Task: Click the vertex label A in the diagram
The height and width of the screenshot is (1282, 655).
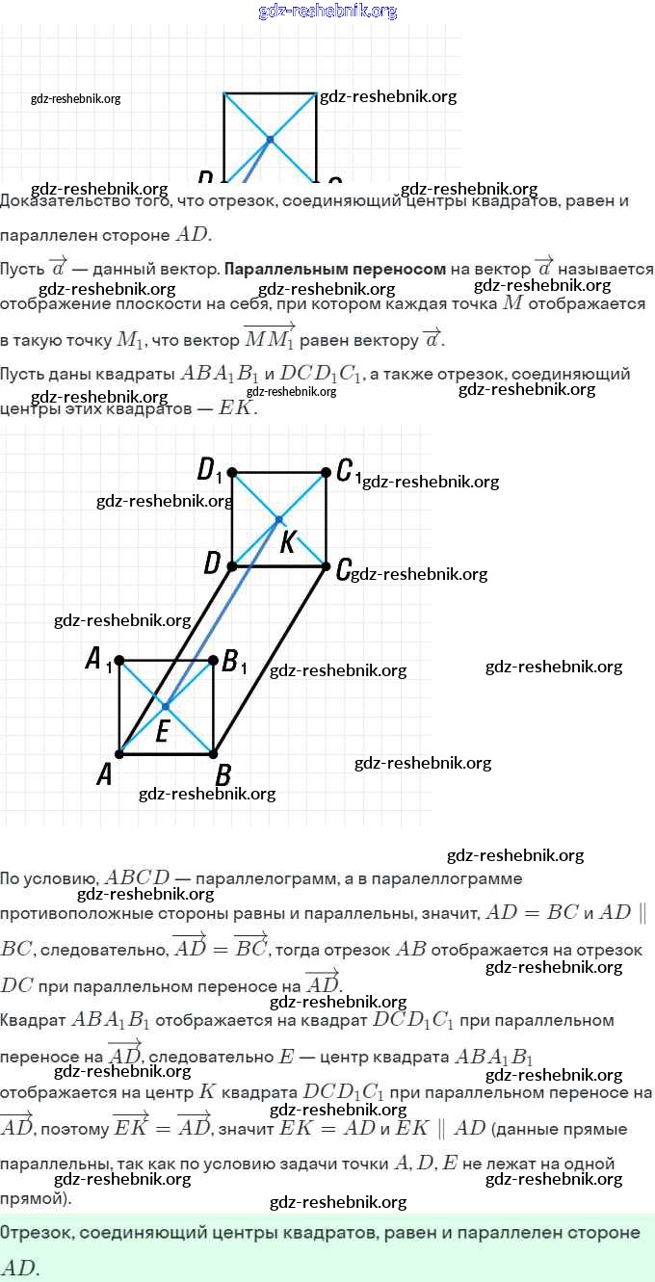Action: (x=105, y=774)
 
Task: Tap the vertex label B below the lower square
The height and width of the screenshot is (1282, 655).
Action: (x=223, y=774)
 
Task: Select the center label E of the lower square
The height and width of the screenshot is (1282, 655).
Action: (x=162, y=733)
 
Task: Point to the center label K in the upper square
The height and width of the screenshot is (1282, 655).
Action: (x=287, y=543)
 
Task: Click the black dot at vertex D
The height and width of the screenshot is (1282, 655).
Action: (x=232, y=566)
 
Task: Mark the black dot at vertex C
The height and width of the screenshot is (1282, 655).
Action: (x=326, y=566)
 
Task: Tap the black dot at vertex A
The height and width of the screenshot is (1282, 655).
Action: (x=119, y=754)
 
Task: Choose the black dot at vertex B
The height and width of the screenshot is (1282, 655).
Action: (x=213, y=754)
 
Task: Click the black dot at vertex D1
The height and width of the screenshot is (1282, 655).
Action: (x=232, y=472)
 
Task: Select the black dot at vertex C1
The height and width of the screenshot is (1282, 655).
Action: (x=326, y=472)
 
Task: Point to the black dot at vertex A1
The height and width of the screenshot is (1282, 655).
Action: (x=119, y=661)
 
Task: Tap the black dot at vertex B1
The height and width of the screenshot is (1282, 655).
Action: (x=213, y=661)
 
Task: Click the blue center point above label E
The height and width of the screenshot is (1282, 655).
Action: (x=166, y=707)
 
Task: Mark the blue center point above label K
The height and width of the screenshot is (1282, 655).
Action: (x=279, y=519)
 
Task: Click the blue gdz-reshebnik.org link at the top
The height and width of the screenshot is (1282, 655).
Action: (x=327, y=11)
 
